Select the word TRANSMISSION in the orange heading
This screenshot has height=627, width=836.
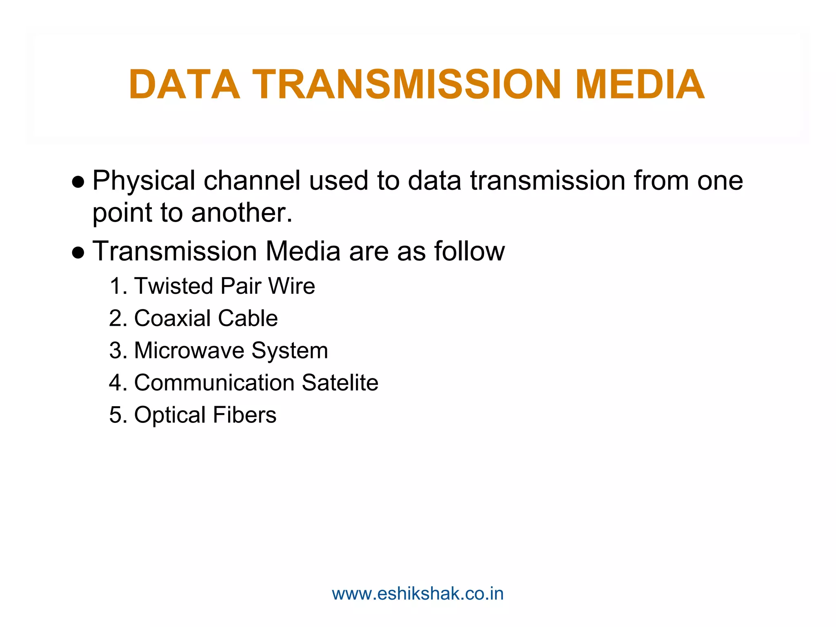407,84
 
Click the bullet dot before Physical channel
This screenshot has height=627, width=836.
78,181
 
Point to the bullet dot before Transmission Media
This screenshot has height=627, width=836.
78,252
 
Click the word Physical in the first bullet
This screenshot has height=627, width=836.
144,181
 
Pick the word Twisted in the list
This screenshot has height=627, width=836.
174,286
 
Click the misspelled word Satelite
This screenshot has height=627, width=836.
340,383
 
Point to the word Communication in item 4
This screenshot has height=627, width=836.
214,383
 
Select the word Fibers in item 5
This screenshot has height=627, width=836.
245,415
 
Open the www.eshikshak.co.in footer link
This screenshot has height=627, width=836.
418,594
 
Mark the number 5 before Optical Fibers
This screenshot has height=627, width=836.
116,415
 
